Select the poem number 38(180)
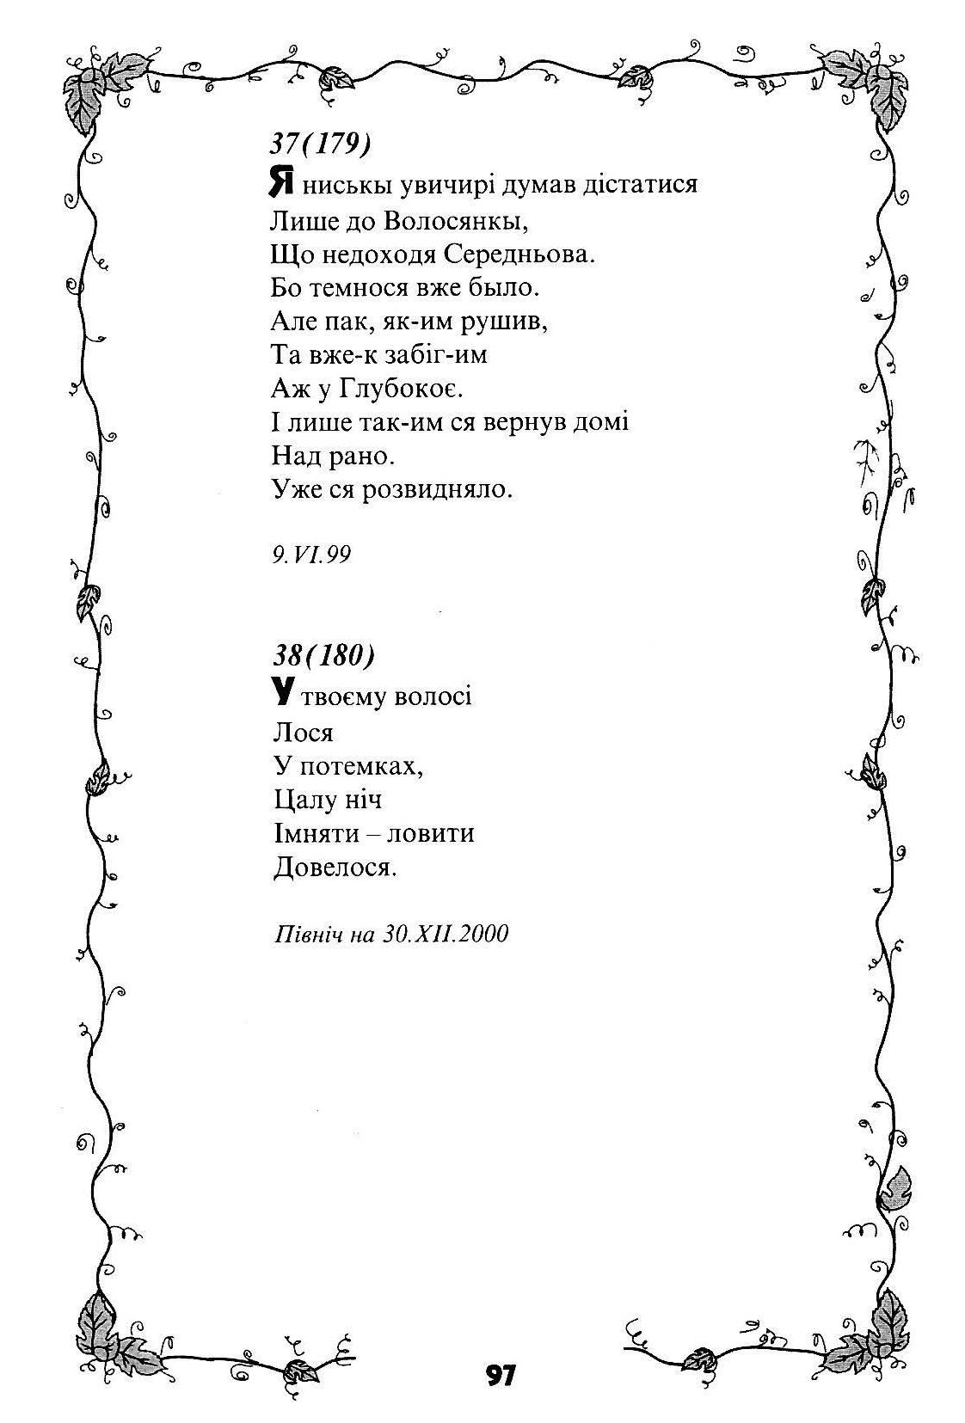click(324, 655)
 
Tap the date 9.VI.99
click(310, 555)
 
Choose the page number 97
click(500, 1375)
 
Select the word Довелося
click(335, 868)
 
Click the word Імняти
click(315, 833)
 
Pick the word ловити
click(430, 833)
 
